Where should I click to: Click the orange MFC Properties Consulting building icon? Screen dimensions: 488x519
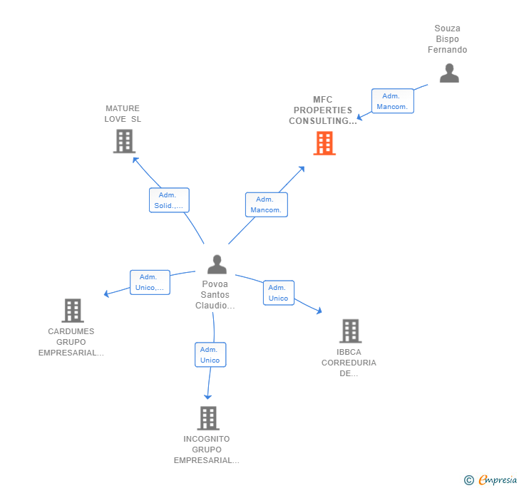[x=324, y=142]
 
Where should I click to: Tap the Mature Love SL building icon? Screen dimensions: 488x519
[x=124, y=141]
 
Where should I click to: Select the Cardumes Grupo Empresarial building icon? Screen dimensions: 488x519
[x=73, y=311]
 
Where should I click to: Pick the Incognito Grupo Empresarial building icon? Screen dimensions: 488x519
[x=207, y=418]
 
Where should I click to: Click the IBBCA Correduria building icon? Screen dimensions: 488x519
[x=349, y=331]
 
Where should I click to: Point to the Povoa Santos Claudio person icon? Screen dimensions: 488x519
[x=217, y=264]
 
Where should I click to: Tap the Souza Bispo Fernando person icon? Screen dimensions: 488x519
[x=448, y=73]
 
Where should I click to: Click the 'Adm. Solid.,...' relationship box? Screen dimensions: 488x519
[x=169, y=200]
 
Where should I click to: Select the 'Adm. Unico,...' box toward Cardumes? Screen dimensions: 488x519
[x=150, y=282]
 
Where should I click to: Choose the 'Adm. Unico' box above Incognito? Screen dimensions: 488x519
[x=210, y=355]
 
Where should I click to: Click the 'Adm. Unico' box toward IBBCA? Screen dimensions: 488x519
[x=278, y=293]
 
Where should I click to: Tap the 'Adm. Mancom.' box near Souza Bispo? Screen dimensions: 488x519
[x=392, y=101]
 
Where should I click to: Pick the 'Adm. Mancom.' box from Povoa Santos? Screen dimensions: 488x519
[x=267, y=204]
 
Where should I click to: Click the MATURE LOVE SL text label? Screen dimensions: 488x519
[x=123, y=114]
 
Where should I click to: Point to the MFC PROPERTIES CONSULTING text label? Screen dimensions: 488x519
[x=323, y=110]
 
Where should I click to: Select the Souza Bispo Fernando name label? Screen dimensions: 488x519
[x=447, y=39]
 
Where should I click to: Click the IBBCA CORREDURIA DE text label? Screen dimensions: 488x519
[x=349, y=363]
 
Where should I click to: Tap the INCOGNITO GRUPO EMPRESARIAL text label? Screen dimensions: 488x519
[x=207, y=450]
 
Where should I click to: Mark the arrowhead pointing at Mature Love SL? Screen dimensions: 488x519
[x=135, y=159]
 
